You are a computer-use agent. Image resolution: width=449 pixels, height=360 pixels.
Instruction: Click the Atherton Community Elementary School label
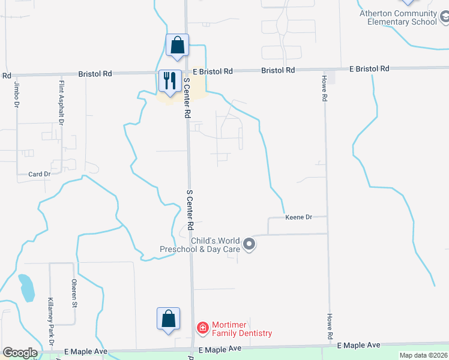[x=398, y=18]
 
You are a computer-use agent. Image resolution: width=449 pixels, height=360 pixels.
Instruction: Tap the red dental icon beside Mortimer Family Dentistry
[x=203, y=328]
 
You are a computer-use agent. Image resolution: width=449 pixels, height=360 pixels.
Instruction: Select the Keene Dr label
[x=298, y=217]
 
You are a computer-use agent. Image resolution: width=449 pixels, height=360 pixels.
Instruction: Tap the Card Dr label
[x=39, y=175]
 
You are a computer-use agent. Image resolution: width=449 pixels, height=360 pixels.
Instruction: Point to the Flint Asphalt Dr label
[x=61, y=103]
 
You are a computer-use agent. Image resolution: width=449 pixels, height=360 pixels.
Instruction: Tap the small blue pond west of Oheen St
[x=26, y=287]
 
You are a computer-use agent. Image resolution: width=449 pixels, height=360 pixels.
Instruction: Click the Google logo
[x=20, y=353]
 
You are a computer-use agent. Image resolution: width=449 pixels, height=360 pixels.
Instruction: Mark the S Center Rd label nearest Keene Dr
[x=190, y=210]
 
